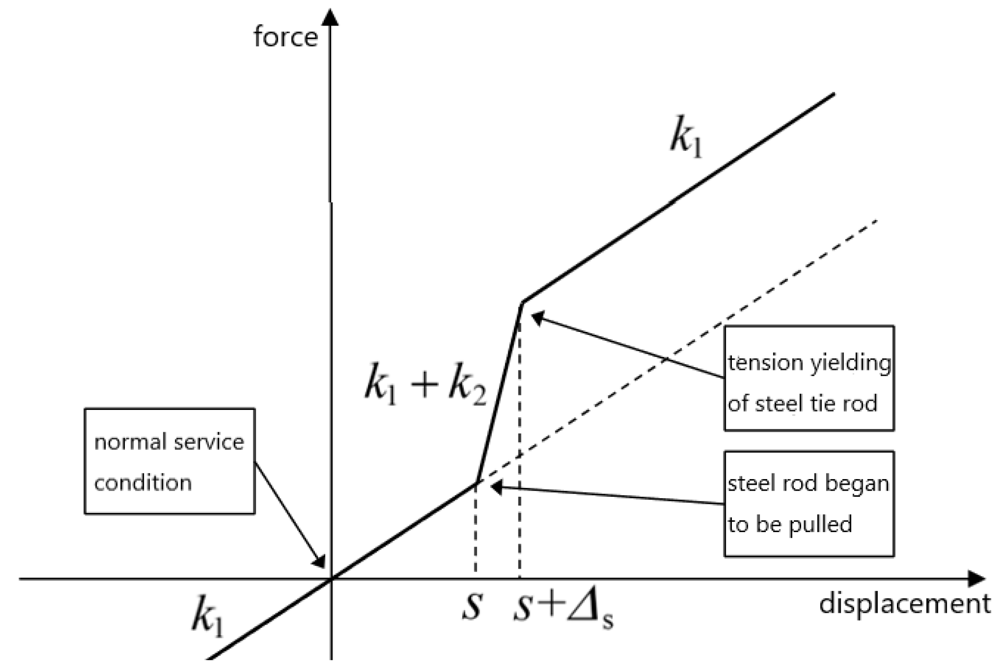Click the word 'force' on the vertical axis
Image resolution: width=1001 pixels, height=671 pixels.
pyautogui.click(x=285, y=37)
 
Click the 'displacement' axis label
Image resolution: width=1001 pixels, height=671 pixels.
pyautogui.click(x=905, y=604)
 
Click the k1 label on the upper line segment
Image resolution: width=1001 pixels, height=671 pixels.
pyautogui.click(x=686, y=140)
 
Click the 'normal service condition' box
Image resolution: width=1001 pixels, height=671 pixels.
pyautogui.click(x=170, y=461)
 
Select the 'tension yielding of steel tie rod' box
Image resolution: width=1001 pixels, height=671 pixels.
pyautogui.click(x=809, y=378)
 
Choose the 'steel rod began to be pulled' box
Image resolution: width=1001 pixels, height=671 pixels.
pyautogui.click(x=809, y=504)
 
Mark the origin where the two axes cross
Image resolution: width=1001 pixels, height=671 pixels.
pyautogui.click(x=331, y=578)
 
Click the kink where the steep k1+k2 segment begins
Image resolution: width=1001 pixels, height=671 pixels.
pyautogui.click(x=477, y=483)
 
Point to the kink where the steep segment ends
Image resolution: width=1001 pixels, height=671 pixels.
pyautogui.click(x=522, y=302)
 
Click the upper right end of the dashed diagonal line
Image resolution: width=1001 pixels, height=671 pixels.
pyautogui.click(x=877, y=220)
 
